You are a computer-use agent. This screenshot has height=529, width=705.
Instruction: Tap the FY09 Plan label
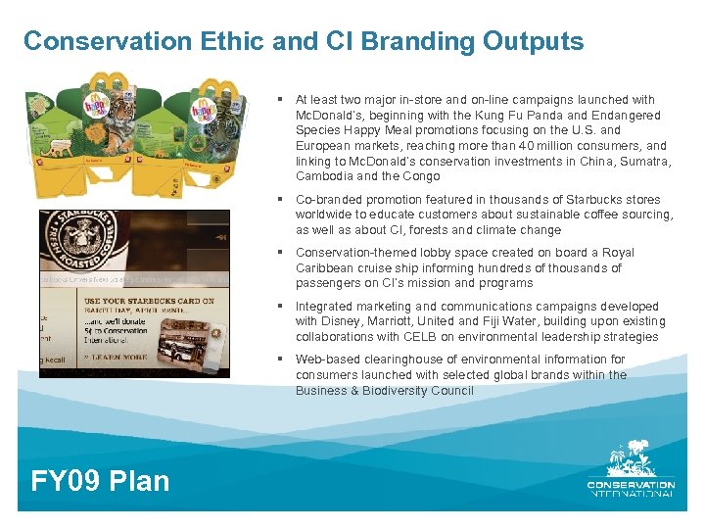[101, 480]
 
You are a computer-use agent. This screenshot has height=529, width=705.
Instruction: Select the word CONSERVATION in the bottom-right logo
[631, 484]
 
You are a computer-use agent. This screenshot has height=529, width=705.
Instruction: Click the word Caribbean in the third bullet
[326, 267]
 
